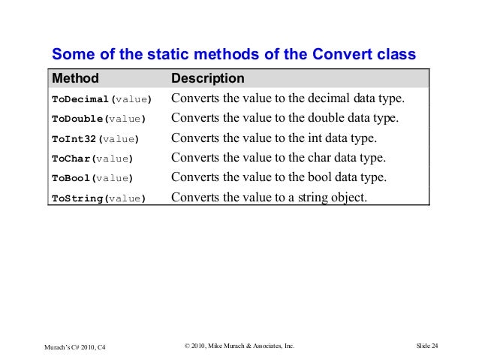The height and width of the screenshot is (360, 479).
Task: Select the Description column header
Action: [208, 78]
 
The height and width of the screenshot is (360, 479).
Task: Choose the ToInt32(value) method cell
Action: [95, 139]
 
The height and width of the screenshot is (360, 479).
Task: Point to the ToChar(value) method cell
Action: [92, 159]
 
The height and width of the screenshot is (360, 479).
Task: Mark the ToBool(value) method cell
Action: [92, 178]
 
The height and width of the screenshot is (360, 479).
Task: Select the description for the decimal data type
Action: [288, 98]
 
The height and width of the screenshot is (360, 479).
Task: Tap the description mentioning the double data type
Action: [285, 119]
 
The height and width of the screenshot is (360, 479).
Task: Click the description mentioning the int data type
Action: [275, 138]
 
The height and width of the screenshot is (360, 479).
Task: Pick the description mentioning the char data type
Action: [279, 158]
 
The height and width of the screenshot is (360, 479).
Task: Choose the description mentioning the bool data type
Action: [279, 177]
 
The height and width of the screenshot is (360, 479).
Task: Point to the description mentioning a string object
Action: [270, 198]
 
